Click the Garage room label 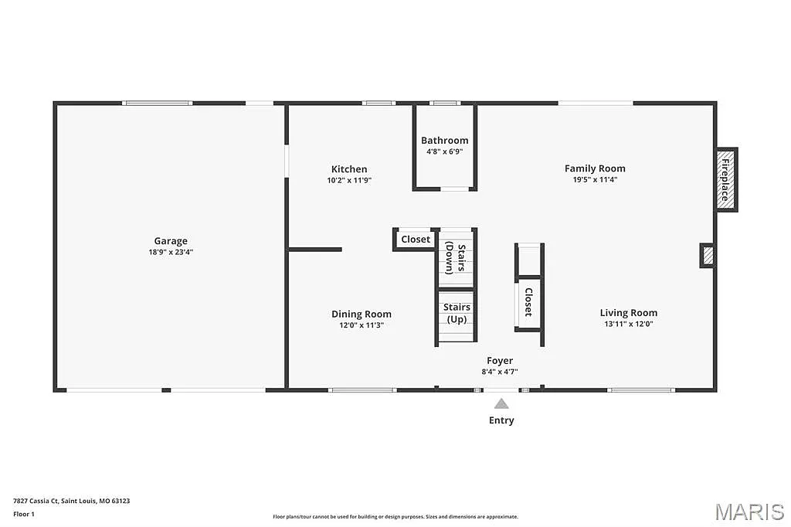click(x=170, y=241)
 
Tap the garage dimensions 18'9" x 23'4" click(x=171, y=252)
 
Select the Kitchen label click(x=349, y=169)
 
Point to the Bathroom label click(x=444, y=141)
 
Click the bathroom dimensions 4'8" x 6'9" click(x=444, y=151)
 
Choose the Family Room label click(x=595, y=168)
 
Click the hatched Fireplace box click(x=725, y=179)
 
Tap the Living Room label click(x=629, y=313)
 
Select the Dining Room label click(x=362, y=314)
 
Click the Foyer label click(x=500, y=361)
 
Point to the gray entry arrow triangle click(x=501, y=403)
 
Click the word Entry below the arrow click(x=501, y=420)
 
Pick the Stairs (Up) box click(x=457, y=314)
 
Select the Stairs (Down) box click(x=456, y=258)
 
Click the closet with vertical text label click(x=529, y=302)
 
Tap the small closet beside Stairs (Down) click(x=416, y=240)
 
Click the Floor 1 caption click(x=24, y=514)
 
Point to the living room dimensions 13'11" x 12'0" click(x=629, y=325)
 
